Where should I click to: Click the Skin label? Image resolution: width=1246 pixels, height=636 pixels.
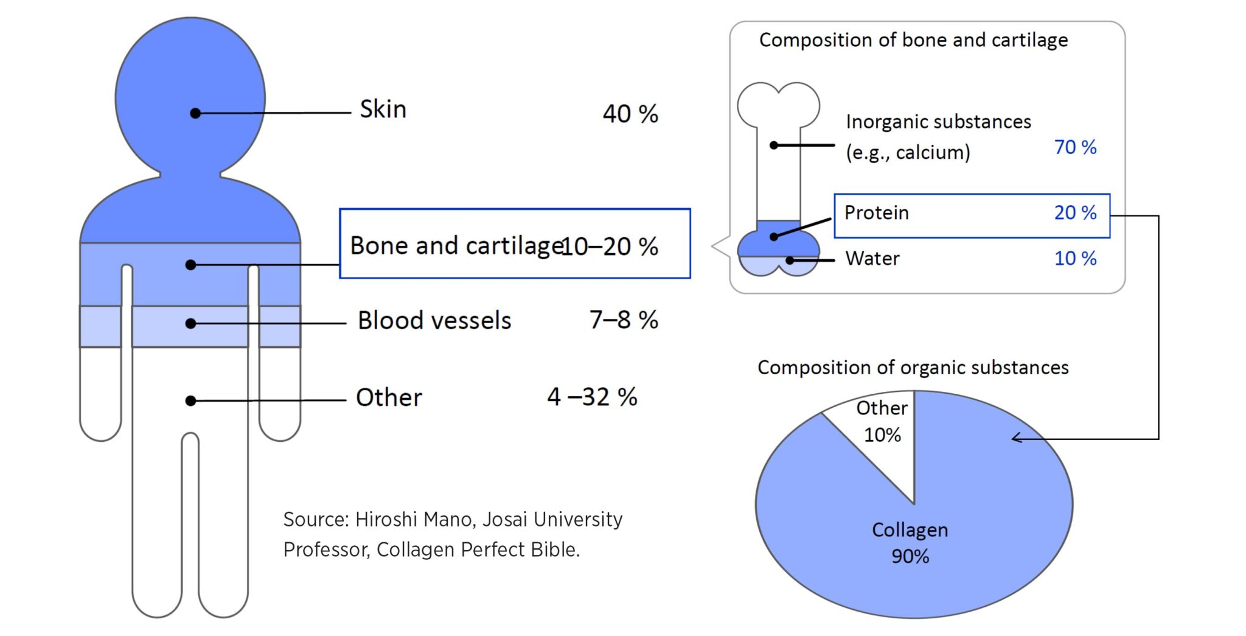click(383, 110)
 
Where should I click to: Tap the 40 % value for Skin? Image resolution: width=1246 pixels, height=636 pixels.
click(630, 114)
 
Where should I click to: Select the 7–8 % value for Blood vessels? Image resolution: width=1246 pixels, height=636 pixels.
click(624, 320)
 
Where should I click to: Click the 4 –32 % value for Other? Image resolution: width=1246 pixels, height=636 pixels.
click(592, 397)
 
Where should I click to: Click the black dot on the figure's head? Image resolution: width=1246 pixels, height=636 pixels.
click(195, 113)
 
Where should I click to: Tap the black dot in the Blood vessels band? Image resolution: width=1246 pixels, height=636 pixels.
click(190, 323)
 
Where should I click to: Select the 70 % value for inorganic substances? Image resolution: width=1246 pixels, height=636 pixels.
click(1075, 147)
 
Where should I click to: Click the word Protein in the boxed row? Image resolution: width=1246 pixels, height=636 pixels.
click(876, 213)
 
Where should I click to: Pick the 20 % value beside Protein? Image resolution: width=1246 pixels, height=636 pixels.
click(1075, 213)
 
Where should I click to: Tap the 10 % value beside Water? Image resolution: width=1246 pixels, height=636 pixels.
click(1075, 259)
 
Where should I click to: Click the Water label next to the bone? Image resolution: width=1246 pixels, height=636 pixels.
click(872, 259)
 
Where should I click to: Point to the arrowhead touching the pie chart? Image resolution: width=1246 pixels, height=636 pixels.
click(1015, 438)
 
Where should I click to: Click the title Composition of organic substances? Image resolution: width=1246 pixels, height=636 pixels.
click(913, 368)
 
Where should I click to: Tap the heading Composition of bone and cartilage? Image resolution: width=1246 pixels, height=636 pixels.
click(913, 40)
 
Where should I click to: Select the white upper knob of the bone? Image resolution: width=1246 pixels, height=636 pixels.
click(778, 105)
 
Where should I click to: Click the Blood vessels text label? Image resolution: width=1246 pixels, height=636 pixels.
click(434, 321)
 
